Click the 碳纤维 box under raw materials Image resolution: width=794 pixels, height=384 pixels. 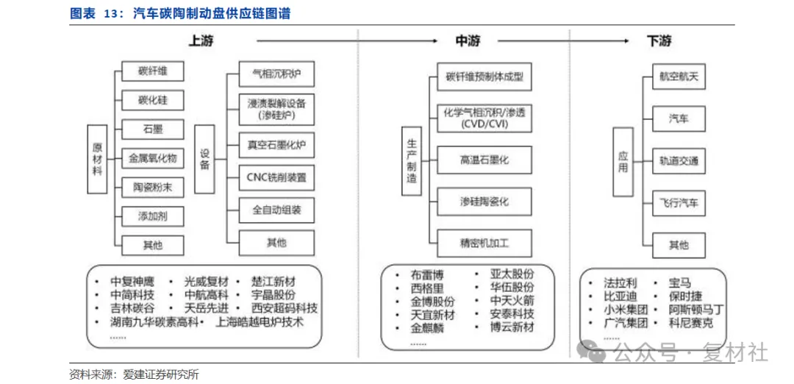152,71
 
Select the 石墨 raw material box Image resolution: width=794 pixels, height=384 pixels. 152,129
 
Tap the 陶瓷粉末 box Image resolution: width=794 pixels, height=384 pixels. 152,188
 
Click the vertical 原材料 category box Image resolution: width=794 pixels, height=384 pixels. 97,159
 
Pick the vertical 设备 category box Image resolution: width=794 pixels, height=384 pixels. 205,159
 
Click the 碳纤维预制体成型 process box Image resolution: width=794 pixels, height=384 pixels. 484,77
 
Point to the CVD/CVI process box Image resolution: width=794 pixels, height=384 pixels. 484,118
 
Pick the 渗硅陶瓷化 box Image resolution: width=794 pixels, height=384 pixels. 484,201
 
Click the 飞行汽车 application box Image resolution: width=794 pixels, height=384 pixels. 679,202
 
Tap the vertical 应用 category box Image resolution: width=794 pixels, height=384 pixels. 623,161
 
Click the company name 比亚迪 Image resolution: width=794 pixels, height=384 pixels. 620,296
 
